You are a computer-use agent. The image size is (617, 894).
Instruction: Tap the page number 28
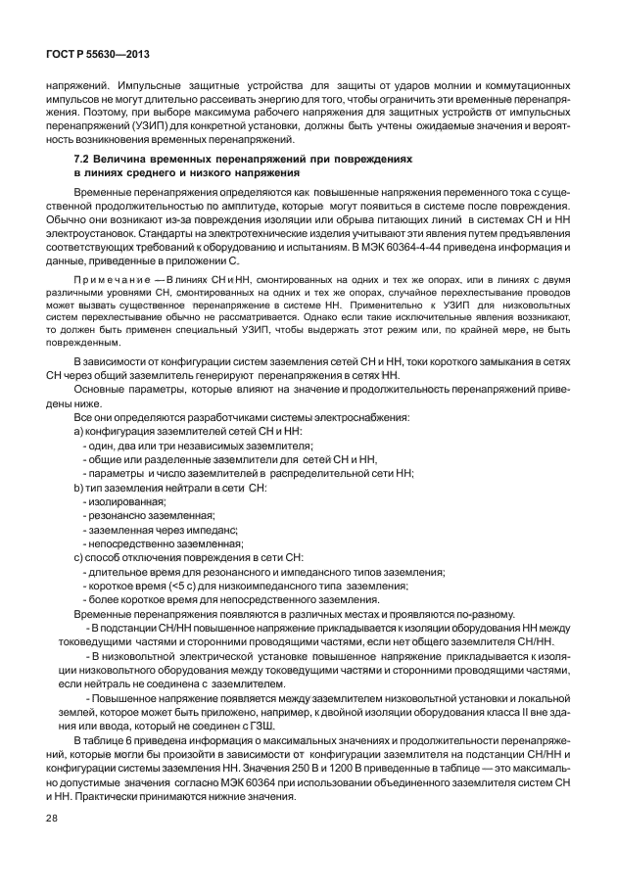pos(52,829)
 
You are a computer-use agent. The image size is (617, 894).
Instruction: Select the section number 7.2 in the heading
pos(82,158)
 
